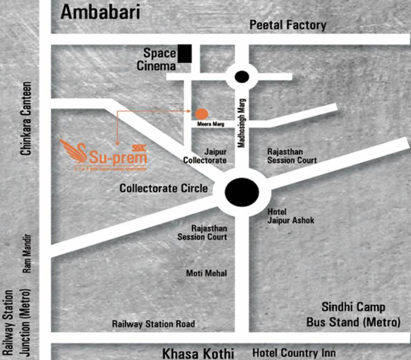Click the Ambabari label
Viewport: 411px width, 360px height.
[x=100, y=12]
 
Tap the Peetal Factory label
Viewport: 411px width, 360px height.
[x=287, y=25]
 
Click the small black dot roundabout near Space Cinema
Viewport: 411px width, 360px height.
[x=242, y=76]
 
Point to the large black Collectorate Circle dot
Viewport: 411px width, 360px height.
[x=242, y=192]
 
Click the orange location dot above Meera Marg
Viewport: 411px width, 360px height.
[x=202, y=113]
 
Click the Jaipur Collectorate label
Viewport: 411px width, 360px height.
[x=205, y=157]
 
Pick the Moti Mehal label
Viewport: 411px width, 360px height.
[x=206, y=273]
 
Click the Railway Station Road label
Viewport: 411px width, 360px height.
[x=153, y=324]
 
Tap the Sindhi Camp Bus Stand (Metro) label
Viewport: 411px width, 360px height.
[x=353, y=315]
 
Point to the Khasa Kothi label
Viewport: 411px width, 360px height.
[x=198, y=353]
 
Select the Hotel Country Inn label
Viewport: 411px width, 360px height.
[x=294, y=353]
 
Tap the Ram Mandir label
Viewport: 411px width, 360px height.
[x=27, y=254]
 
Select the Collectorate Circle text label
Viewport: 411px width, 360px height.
[x=163, y=188]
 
